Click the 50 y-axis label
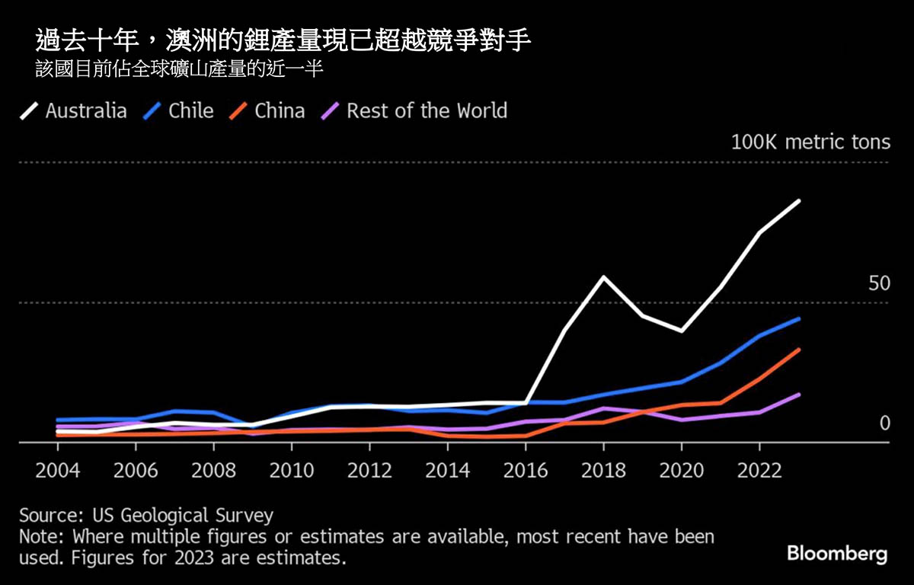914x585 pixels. (879, 284)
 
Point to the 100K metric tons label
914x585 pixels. (810, 142)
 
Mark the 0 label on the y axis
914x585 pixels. (884, 424)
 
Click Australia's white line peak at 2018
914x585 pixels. (603, 277)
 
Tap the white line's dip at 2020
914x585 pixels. (681, 331)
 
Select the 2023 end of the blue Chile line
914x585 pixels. (798, 318)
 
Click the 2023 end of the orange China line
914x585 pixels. (798, 350)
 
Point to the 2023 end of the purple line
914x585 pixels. (798, 394)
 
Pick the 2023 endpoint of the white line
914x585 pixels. (798, 200)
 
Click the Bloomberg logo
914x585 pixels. (837, 554)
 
